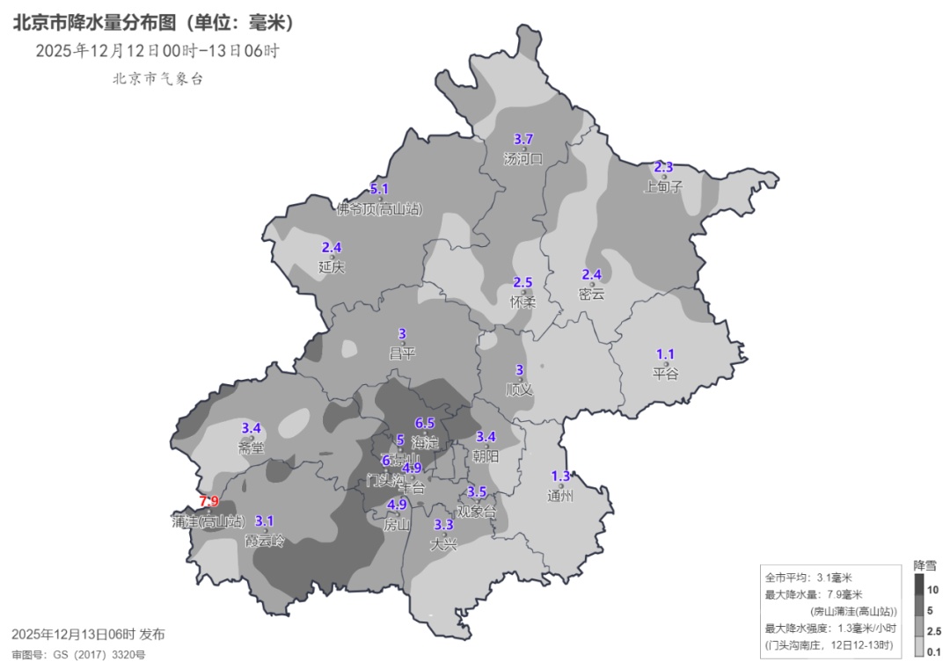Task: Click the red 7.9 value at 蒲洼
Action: tap(209, 501)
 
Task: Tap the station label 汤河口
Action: tap(523, 159)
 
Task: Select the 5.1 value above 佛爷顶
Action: tap(379, 189)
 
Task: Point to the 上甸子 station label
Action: tap(663, 186)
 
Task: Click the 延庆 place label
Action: tap(332, 266)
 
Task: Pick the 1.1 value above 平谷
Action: tap(666, 353)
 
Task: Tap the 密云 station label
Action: tap(592, 294)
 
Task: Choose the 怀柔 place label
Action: tap(522, 302)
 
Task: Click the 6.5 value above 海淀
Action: tap(425, 424)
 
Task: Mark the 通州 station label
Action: tap(560, 495)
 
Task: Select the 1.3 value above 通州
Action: tap(560, 476)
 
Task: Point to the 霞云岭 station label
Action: tap(265, 540)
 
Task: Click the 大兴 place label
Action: tap(444, 544)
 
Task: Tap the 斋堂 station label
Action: tap(251, 447)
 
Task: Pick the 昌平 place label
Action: tap(402, 353)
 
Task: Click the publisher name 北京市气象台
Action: tap(157, 78)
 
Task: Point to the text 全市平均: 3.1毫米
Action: tap(808, 578)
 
